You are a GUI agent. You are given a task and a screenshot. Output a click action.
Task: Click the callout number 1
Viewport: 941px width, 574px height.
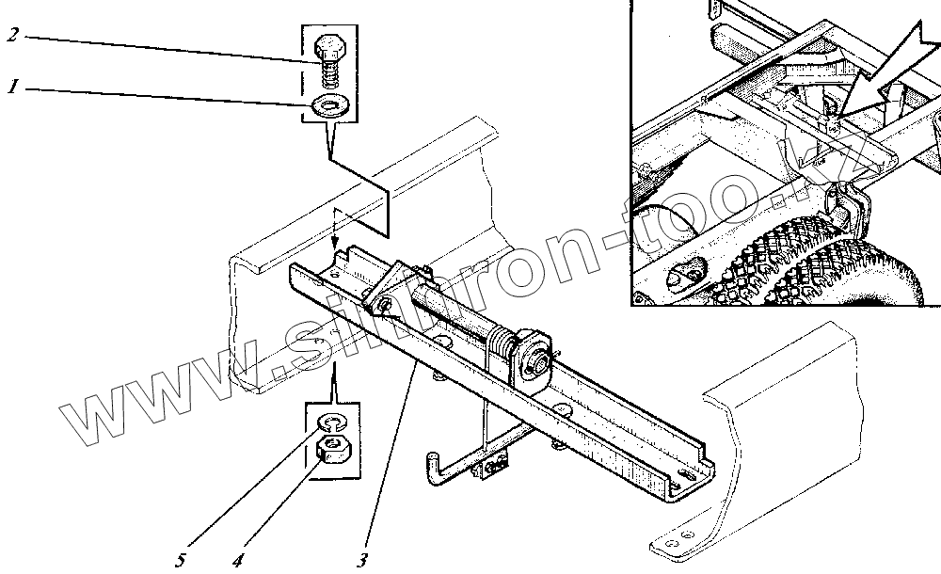(13, 88)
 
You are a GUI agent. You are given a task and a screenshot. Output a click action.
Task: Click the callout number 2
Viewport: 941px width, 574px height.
(12, 36)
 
